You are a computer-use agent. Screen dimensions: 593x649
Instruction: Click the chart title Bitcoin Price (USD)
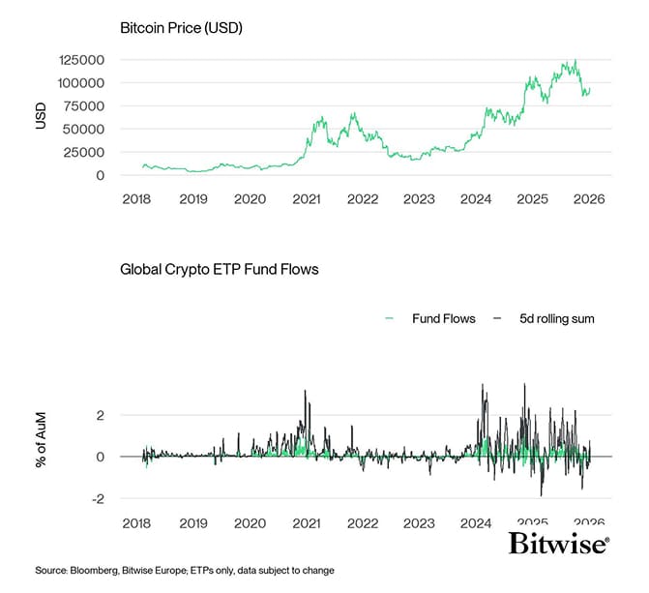pos(180,28)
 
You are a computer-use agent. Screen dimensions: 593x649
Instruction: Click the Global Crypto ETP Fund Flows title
pos(219,269)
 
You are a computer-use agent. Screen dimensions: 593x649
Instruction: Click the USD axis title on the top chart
pos(41,117)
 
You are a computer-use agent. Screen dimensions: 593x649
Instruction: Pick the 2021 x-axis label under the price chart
pos(307,198)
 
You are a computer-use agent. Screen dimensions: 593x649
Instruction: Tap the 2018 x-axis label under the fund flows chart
pos(138,522)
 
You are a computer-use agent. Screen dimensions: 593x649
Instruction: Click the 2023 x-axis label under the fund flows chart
pos(419,522)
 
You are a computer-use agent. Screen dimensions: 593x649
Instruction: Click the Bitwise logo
pos(559,544)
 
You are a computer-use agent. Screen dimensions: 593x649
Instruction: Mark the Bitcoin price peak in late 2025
pos(575,61)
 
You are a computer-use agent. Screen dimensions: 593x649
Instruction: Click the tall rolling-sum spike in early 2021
pos(305,392)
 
